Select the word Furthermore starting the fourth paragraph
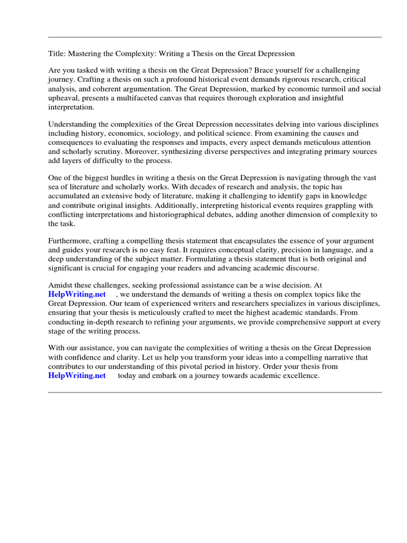click(x=68, y=241)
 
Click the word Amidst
click(x=59, y=285)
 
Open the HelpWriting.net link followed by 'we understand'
click(x=77, y=294)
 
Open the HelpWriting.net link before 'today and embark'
click(x=77, y=376)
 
